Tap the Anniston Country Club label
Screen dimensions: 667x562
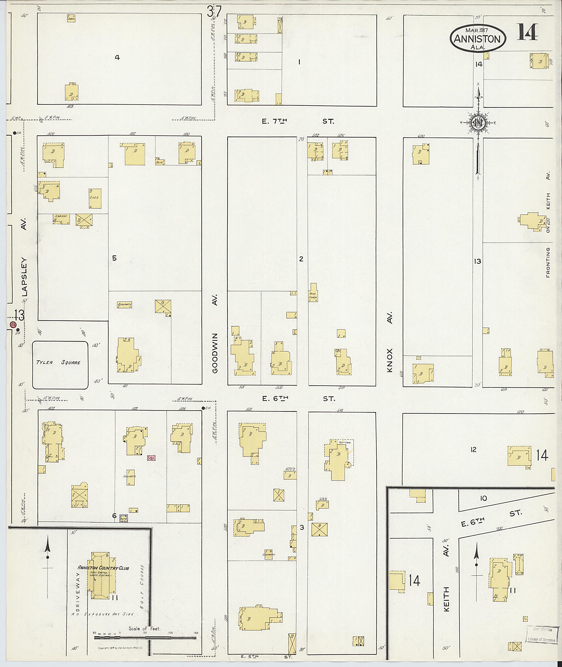click(x=103, y=568)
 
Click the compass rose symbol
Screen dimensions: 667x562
click(x=477, y=123)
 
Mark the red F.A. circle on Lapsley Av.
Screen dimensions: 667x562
click(x=13, y=325)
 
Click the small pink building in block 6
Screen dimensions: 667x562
click(x=151, y=458)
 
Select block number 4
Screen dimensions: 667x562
click(x=117, y=58)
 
